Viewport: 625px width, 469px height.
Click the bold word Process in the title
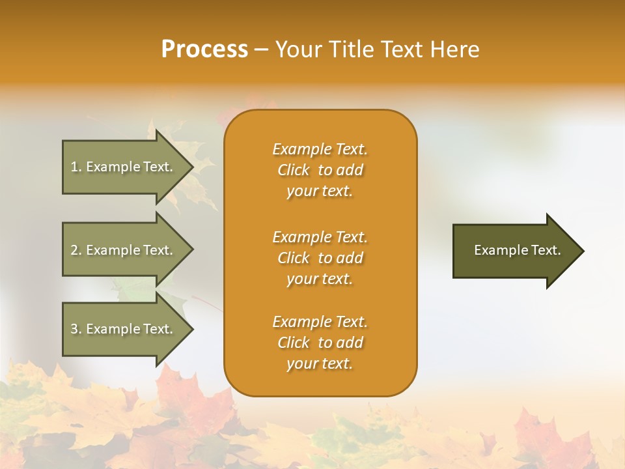click(204, 50)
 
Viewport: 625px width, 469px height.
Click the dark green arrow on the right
click(514, 251)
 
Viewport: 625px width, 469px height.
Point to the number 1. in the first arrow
click(76, 167)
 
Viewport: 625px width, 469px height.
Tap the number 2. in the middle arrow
click(76, 250)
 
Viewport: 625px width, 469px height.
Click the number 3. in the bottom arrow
click(76, 329)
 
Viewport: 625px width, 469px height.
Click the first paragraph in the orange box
click(320, 170)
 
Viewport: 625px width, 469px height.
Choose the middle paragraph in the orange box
click(320, 257)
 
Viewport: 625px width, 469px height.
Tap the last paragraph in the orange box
click(320, 343)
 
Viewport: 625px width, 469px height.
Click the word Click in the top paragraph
click(294, 170)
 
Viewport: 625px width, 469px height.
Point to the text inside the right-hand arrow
click(518, 250)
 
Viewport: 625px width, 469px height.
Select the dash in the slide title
click(262, 50)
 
